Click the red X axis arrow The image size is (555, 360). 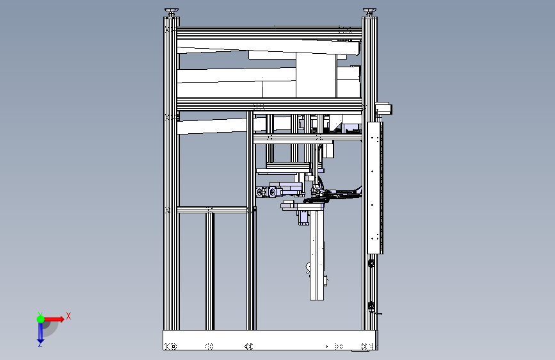click(54, 319)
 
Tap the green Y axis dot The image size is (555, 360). click(40, 319)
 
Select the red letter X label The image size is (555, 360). click(68, 316)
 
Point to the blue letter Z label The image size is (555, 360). click(40, 345)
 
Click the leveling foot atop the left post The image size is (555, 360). click(172, 12)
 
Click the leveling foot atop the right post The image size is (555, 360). click(369, 12)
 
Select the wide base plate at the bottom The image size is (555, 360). click(270, 340)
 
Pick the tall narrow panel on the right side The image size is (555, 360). click(375, 188)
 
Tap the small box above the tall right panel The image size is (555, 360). click(383, 108)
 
